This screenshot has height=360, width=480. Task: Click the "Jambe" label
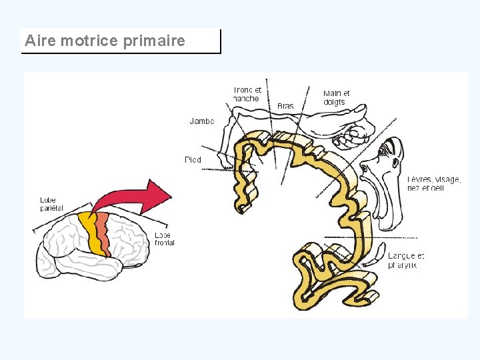click(x=201, y=121)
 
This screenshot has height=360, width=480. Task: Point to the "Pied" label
click(x=193, y=160)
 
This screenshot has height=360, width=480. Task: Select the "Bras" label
click(x=285, y=106)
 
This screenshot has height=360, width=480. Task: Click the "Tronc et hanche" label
click(x=247, y=94)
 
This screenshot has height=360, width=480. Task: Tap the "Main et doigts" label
click(x=336, y=97)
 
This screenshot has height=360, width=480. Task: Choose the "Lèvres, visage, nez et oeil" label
click(x=433, y=183)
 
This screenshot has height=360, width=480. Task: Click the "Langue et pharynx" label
click(x=405, y=261)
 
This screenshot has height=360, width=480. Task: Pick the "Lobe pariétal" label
click(x=51, y=204)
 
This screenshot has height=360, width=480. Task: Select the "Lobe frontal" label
click(x=164, y=239)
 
